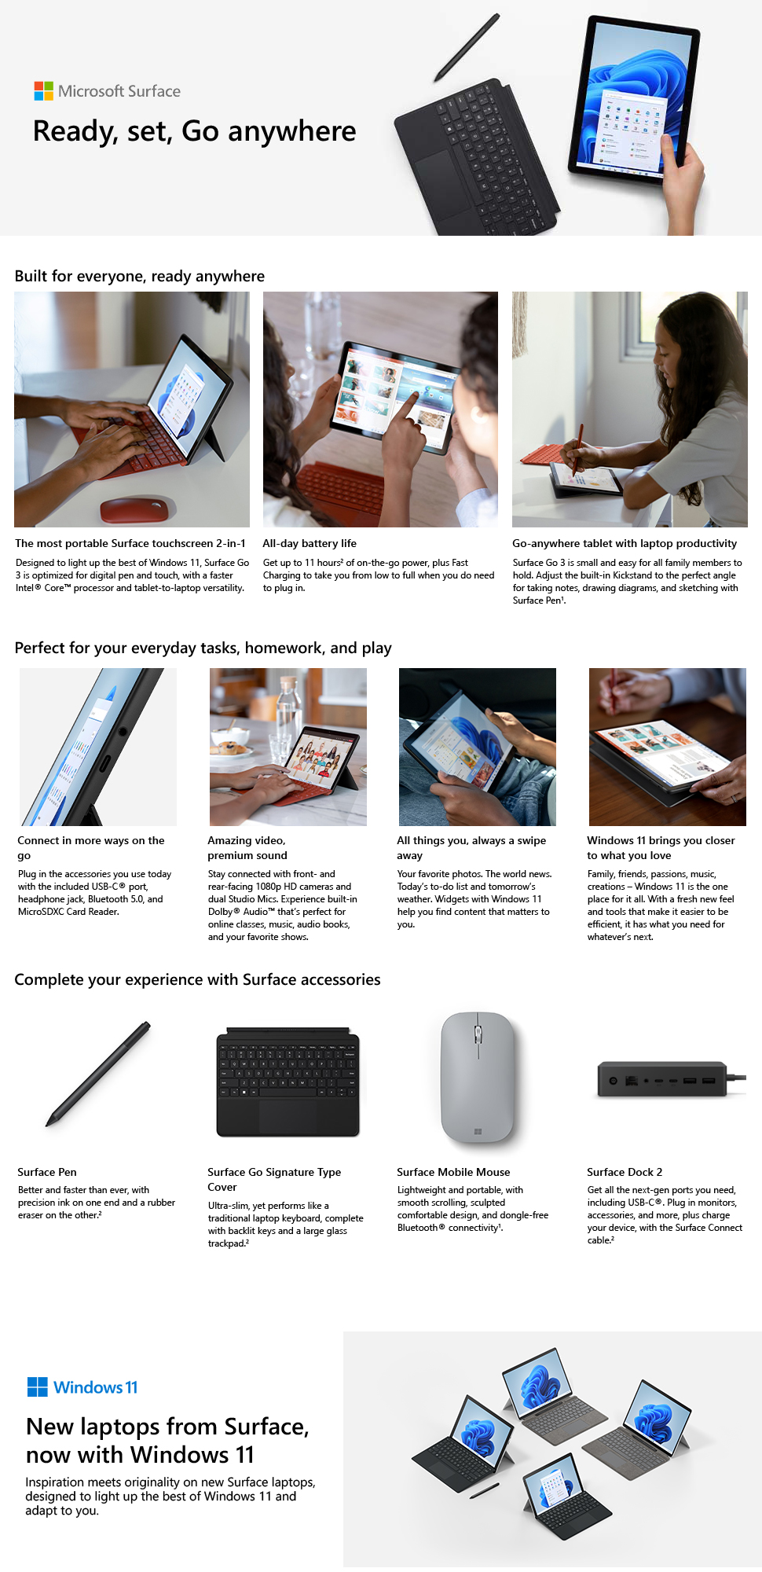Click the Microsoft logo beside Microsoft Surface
(44, 91)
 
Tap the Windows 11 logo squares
(37, 1387)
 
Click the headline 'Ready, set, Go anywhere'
(194, 131)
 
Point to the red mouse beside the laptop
(134, 508)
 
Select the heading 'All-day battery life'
(310, 543)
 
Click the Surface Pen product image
(99, 1074)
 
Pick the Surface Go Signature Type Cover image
(288, 1082)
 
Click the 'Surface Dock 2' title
(625, 1172)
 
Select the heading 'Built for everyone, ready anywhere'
(140, 276)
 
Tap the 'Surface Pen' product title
(47, 1172)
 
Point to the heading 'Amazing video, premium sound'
(247, 848)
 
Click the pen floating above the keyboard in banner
(467, 47)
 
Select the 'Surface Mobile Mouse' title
(453, 1172)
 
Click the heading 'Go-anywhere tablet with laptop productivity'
(625, 543)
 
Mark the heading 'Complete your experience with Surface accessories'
(197, 979)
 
